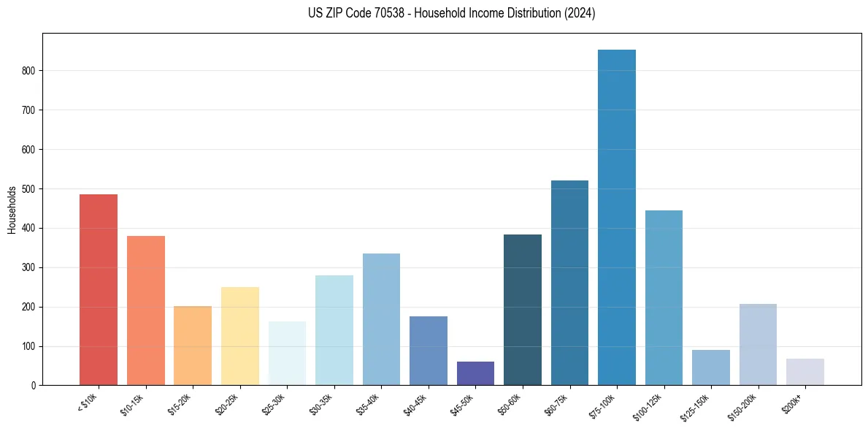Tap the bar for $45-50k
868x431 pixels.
click(475, 373)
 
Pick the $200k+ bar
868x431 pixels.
click(804, 372)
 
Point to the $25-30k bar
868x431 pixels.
click(287, 354)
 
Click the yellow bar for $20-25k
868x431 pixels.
click(240, 336)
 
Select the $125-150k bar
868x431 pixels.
click(710, 367)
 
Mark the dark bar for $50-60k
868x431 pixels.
click(523, 310)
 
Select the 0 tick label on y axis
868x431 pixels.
click(34, 386)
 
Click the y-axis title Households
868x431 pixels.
click(12, 209)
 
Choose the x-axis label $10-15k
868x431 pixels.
click(133, 403)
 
